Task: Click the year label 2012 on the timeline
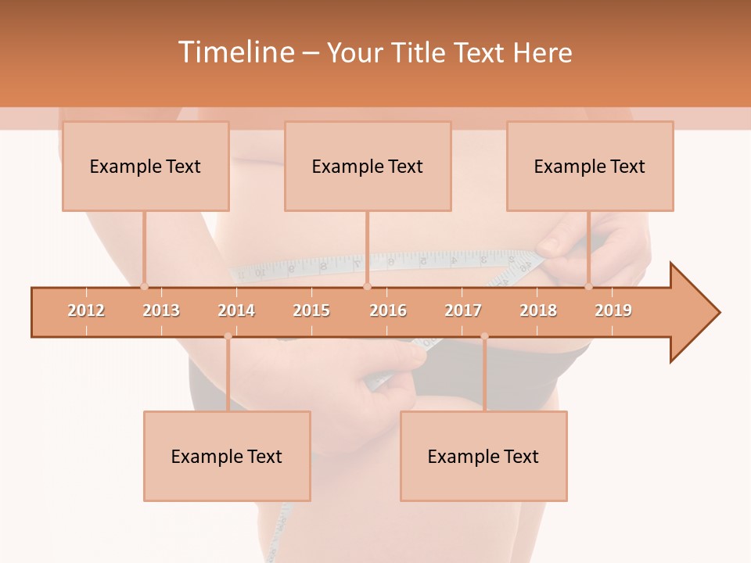[x=86, y=310]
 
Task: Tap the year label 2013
[x=161, y=310]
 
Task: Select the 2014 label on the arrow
[x=236, y=310]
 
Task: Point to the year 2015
[x=311, y=310]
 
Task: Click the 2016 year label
[x=388, y=310]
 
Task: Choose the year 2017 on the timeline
[x=463, y=310]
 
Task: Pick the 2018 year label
[x=538, y=310]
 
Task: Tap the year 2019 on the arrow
[x=613, y=310]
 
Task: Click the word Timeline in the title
[x=235, y=52]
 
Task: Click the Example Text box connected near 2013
[x=146, y=166]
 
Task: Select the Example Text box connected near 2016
[x=368, y=166]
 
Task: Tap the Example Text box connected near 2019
[x=590, y=166]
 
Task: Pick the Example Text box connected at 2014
[x=227, y=456]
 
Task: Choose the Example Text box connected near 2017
[x=483, y=456]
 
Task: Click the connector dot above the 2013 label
[x=144, y=286]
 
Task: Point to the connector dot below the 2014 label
[x=228, y=336]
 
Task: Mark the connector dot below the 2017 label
[x=484, y=336]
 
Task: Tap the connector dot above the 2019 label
[x=588, y=286]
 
